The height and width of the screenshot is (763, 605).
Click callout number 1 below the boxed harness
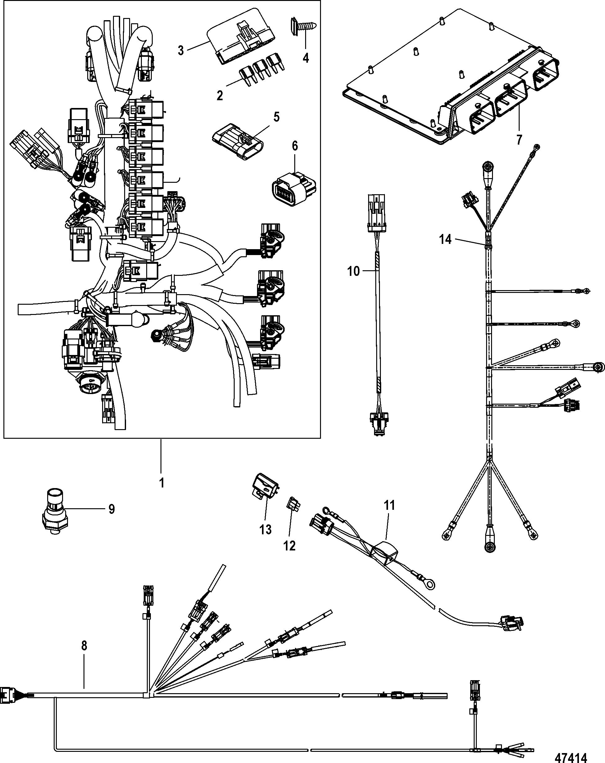coord(161,483)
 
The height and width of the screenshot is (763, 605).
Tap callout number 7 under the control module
coord(519,140)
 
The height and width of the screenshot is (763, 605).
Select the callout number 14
coord(446,240)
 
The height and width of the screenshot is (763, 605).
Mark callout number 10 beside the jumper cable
coord(353,272)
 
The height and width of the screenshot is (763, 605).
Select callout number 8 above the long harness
coord(84,646)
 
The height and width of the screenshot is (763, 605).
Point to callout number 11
coord(389,505)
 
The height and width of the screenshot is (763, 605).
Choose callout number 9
coord(111,509)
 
